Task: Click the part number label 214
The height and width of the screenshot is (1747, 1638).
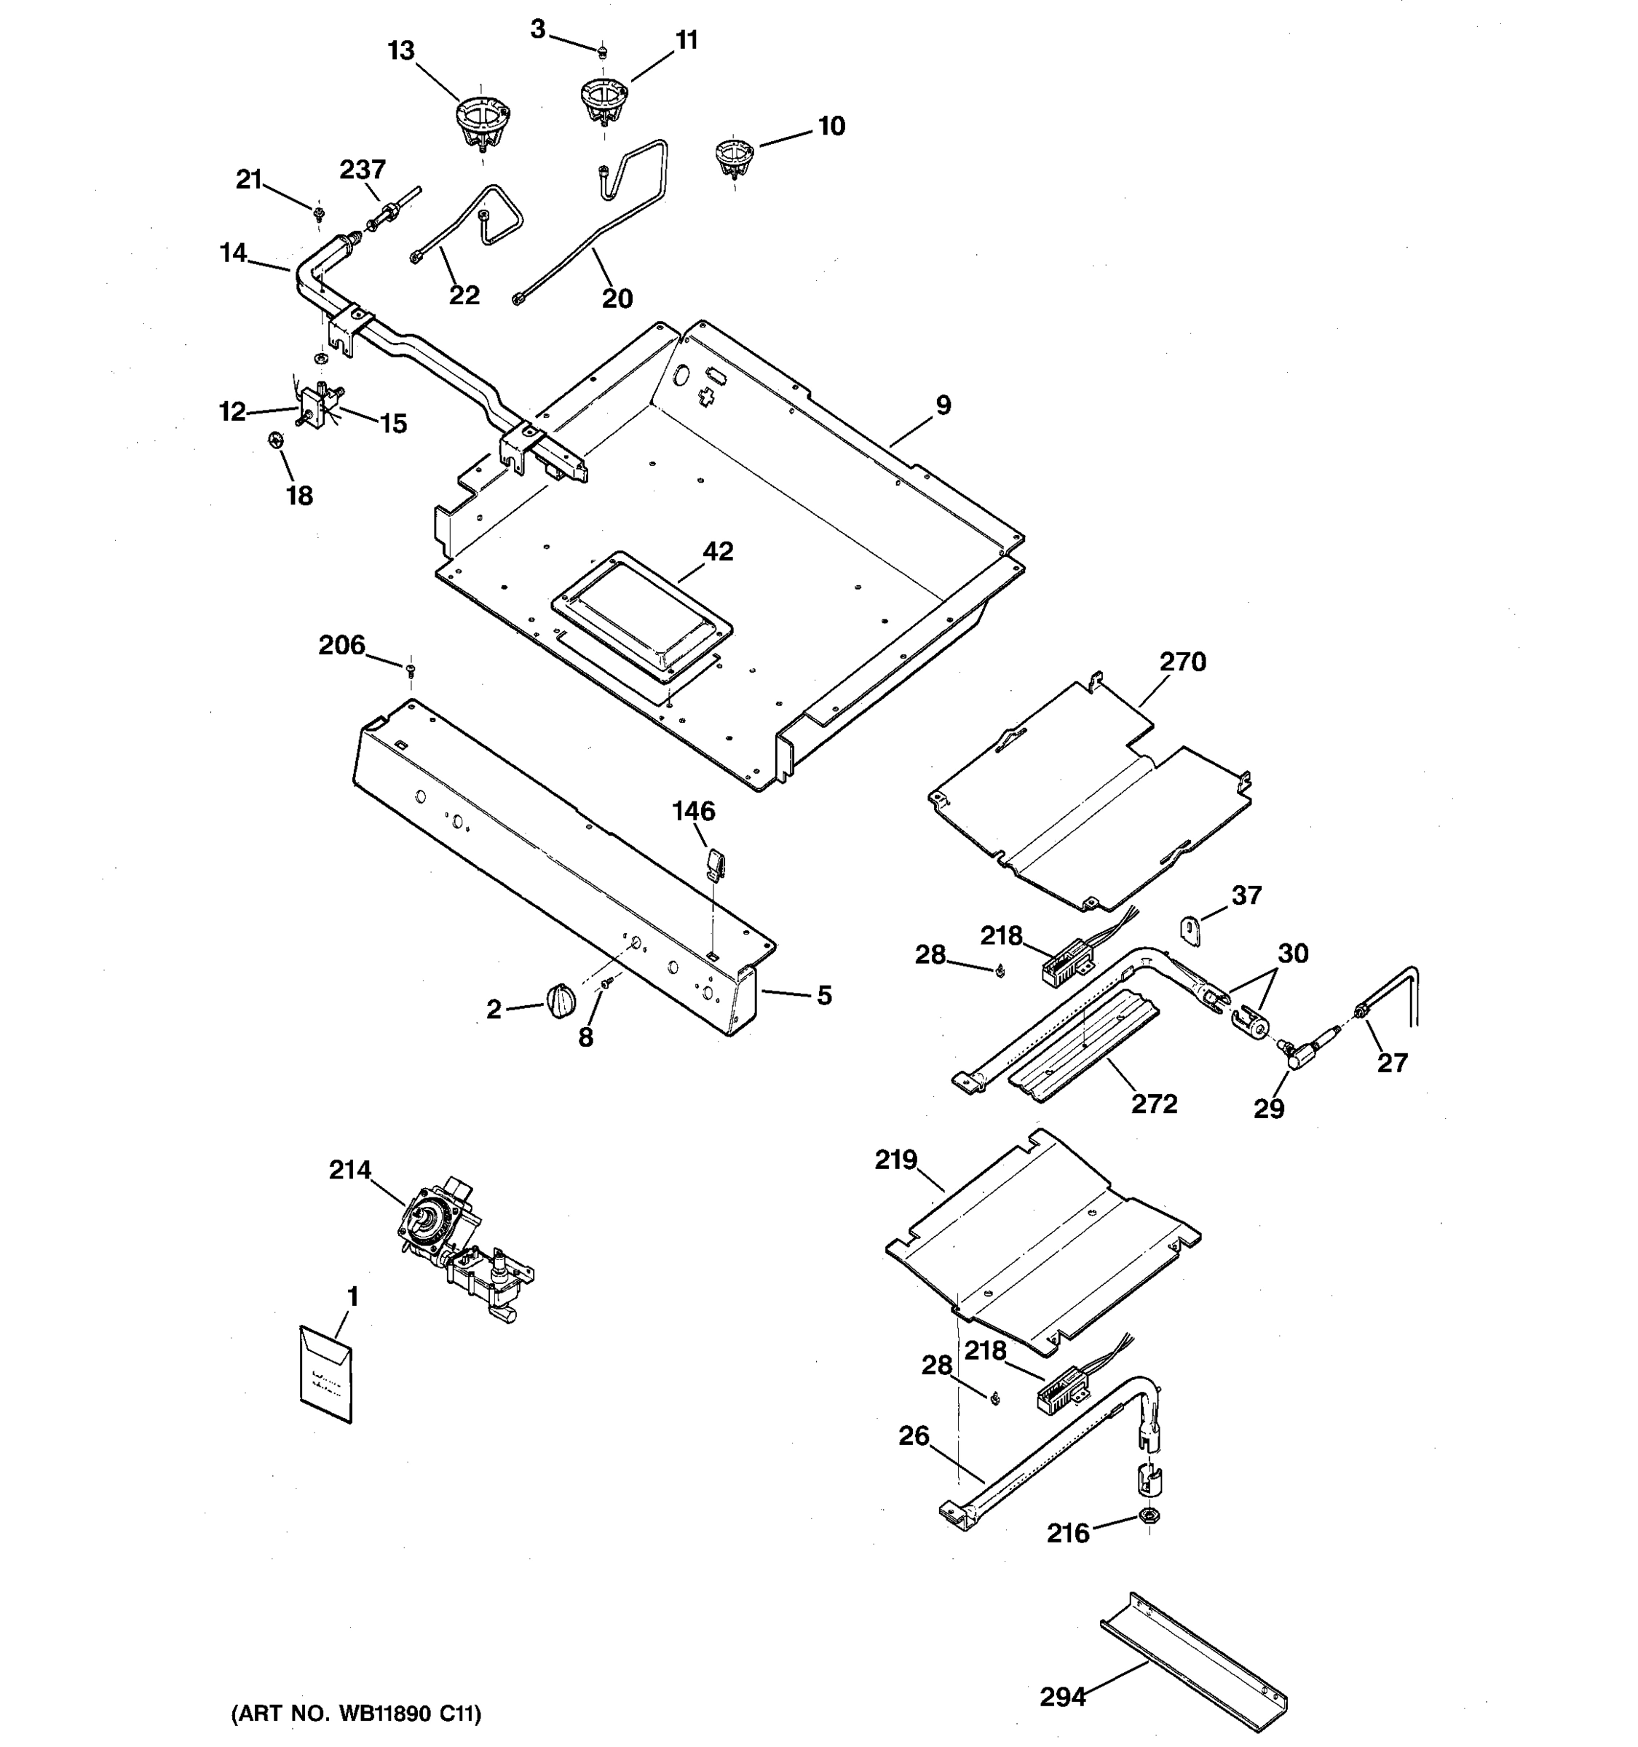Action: pyautogui.click(x=349, y=1170)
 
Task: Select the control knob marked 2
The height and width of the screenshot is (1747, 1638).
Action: pyautogui.click(x=560, y=1002)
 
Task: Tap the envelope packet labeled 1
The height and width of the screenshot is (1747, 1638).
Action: pyautogui.click(x=326, y=1374)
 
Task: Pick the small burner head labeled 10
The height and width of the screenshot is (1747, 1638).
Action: pyautogui.click(x=734, y=157)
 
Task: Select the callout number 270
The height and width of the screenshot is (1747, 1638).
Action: pyautogui.click(x=1182, y=662)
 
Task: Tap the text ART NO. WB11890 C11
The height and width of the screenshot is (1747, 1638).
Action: pyautogui.click(x=356, y=1713)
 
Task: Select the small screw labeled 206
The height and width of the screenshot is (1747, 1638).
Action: pyautogui.click(x=411, y=671)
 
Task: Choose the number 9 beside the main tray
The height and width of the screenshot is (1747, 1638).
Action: pyautogui.click(x=943, y=405)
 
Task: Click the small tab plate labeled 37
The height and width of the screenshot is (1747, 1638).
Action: pyautogui.click(x=1190, y=930)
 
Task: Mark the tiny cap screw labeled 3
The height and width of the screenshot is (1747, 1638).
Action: pyautogui.click(x=602, y=52)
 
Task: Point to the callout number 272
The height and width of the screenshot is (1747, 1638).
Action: pyautogui.click(x=1154, y=1103)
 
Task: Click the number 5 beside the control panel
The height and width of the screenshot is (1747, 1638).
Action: pyautogui.click(x=823, y=995)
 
